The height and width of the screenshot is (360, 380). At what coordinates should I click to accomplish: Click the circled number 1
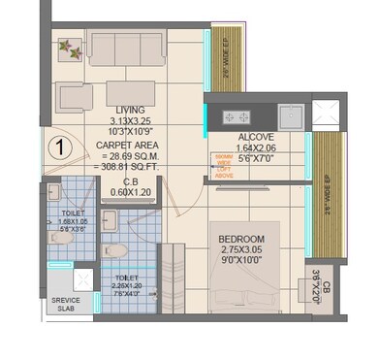click(60, 147)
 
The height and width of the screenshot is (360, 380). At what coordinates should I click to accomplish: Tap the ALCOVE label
click(256, 138)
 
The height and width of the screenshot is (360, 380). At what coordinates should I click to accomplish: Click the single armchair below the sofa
click(74, 98)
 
